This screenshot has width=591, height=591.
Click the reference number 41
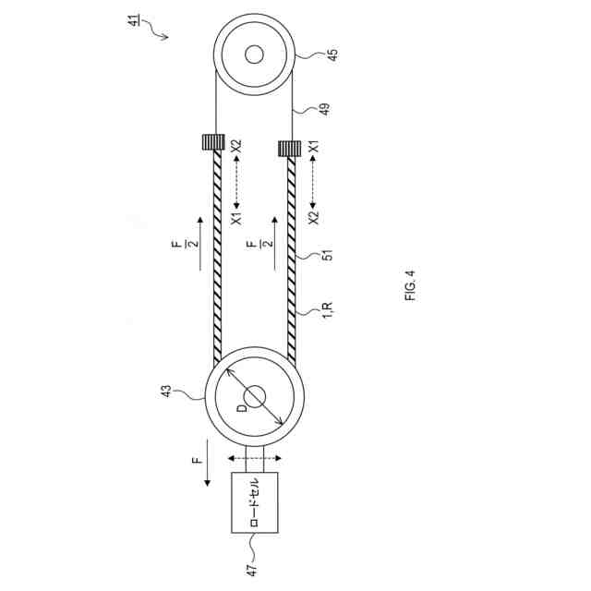pos(134,19)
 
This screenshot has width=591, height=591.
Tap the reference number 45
pos(332,55)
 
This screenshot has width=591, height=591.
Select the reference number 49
pos(324,109)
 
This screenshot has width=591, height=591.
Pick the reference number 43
pos(166,391)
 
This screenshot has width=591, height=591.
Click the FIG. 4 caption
pos(410,285)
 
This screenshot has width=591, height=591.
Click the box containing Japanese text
pos(255,502)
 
